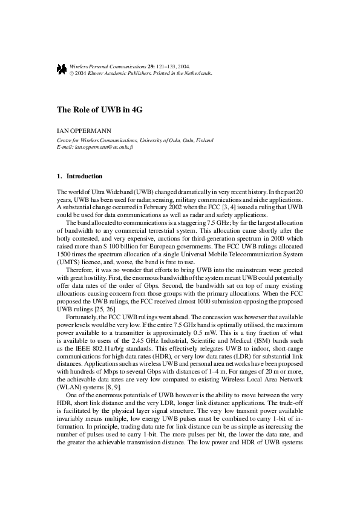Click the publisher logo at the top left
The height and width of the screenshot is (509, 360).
pyautogui.click(x=61, y=70)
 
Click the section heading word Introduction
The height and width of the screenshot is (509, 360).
pyautogui.click(x=84, y=177)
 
